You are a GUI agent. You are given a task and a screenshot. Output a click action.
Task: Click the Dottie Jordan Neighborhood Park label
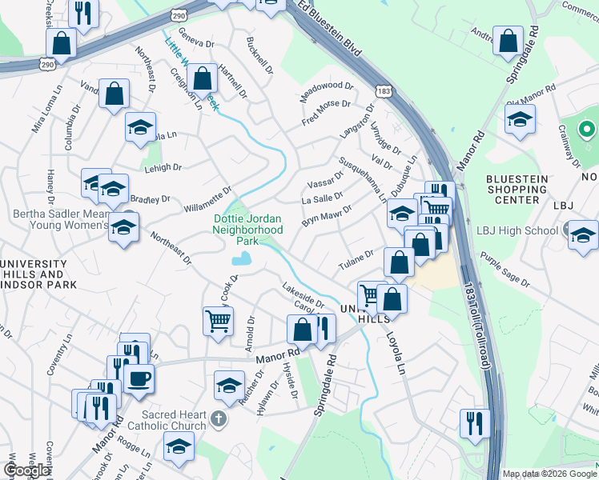(247, 229)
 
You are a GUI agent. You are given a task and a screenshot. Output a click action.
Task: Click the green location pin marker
(585, 128)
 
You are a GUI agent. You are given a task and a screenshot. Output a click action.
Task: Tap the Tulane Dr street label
(356, 258)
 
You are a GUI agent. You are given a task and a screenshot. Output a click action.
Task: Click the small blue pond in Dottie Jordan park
(241, 258)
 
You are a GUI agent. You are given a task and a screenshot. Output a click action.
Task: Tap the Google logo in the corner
(27, 470)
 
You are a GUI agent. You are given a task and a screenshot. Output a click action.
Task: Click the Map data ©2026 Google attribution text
(549, 474)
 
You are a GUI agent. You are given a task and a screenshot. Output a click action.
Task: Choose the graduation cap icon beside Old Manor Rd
(520, 120)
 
